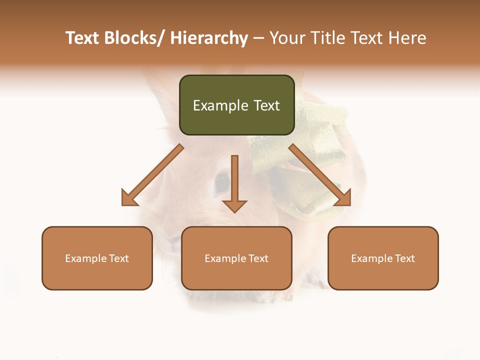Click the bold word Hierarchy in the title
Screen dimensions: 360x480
tap(209, 38)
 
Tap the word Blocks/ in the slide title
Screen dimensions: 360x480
tap(135, 38)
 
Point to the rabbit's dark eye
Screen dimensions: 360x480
tap(222, 182)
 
